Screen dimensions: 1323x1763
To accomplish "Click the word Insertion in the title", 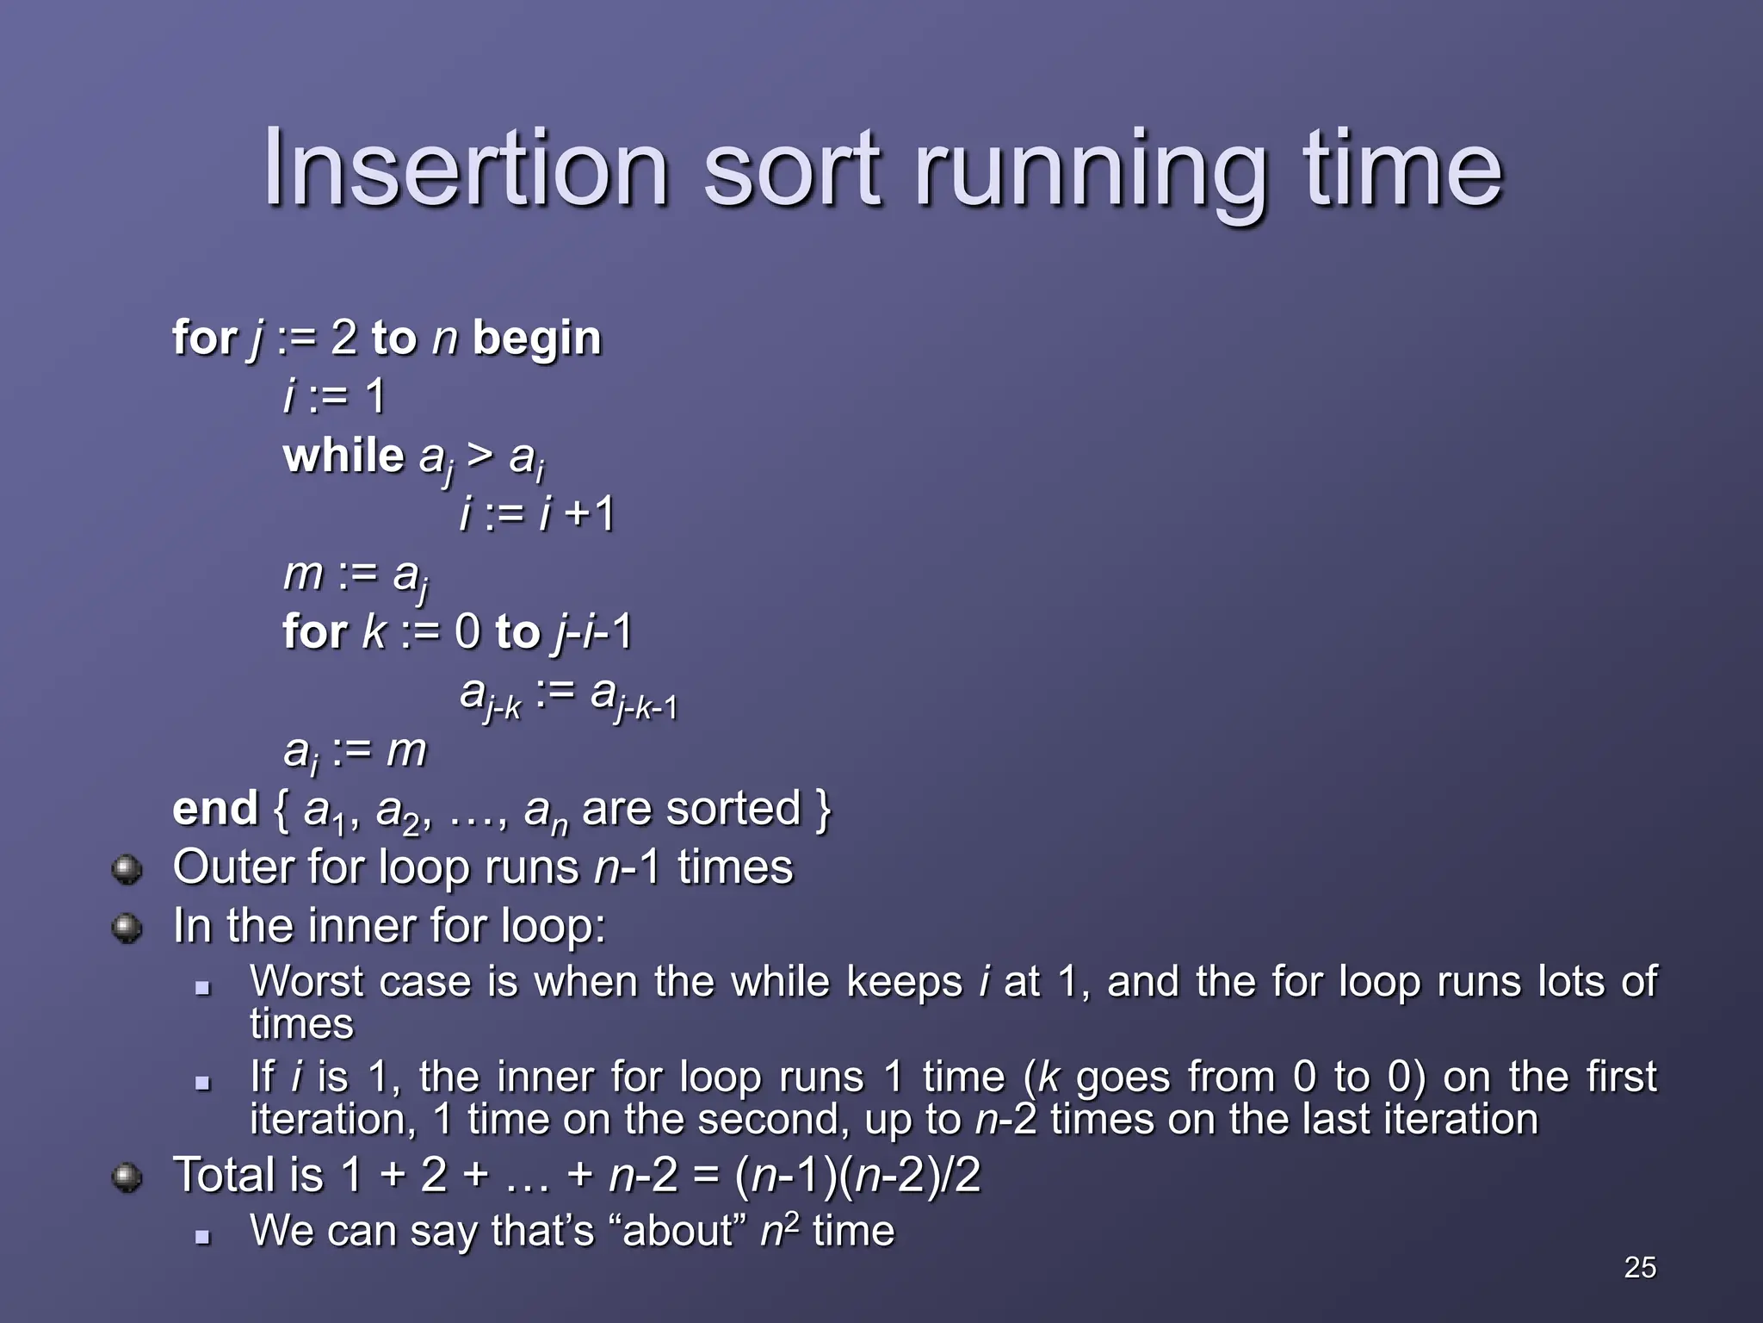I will pos(466,168).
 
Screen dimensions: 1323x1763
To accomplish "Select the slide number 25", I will pos(1639,1267).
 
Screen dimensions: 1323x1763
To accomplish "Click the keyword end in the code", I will pos(214,809).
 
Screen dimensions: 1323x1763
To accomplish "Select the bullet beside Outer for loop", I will pos(127,869).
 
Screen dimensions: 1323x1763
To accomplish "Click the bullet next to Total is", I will pos(127,1177).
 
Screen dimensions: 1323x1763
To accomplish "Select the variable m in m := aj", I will pos(302,575).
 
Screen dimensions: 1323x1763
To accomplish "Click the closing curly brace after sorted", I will pos(823,809).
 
